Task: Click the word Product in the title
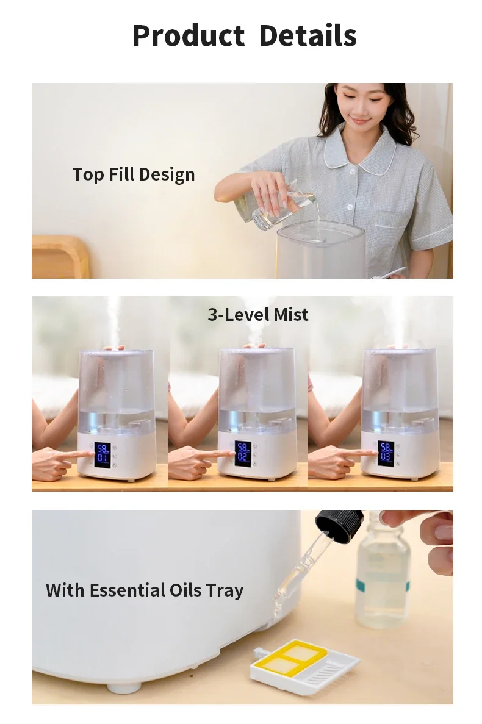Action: [x=189, y=35]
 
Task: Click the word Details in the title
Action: [x=308, y=35]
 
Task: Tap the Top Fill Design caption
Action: [x=134, y=174]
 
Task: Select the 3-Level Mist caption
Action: [x=258, y=315]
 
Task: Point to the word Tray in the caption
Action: [x=225, y=590]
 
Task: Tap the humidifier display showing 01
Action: [x=103, y=455]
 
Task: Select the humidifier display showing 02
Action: [x=243, y=454]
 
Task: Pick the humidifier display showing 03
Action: [x=386, y=453]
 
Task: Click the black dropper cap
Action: [x=339, y=525]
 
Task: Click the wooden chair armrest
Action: [x=60, y=256]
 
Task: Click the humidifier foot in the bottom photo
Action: [x=124, y=688]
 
